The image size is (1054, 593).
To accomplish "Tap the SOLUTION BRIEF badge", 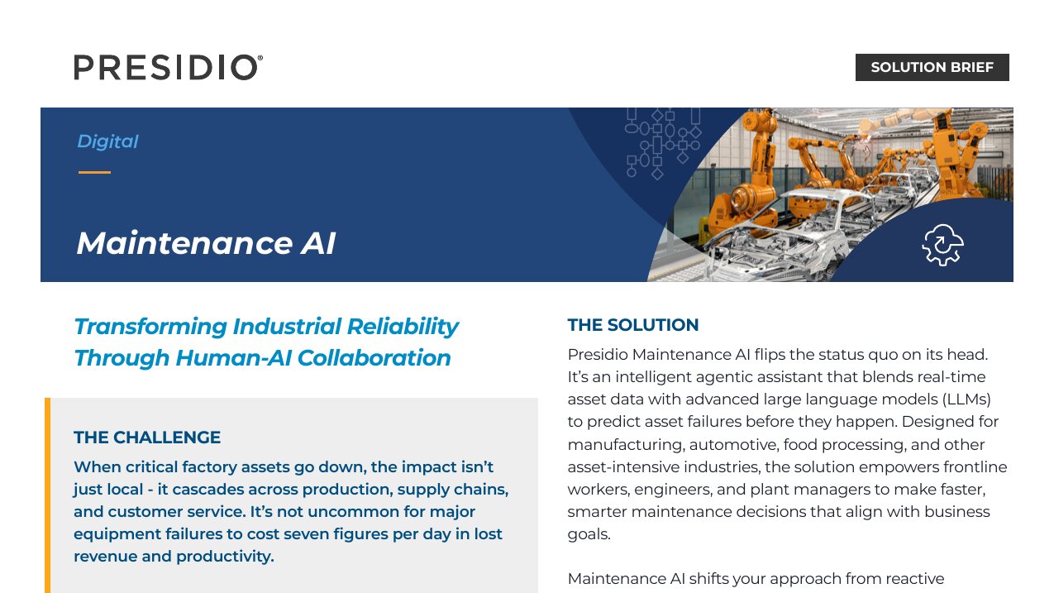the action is tap(932, 67).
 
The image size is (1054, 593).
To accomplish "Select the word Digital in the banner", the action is tap(107, 141).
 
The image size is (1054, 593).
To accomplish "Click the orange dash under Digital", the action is tap(94, 172).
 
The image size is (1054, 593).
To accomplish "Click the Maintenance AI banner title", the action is tap(206, 243).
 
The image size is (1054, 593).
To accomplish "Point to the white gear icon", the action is tap(942, 245).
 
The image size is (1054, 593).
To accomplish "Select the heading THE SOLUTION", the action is tap(633, 325).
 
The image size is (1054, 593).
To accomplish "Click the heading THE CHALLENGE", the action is tap(147, 438).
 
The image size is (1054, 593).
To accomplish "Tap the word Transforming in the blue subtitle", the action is tap(150, 327).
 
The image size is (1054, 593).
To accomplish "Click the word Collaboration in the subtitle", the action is tap(374, 357).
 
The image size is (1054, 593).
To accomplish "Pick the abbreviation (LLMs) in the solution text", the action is tap(966, 399).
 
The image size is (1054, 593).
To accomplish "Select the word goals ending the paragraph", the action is tap(589, 534).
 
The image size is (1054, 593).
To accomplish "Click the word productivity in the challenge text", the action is tap(225, 557).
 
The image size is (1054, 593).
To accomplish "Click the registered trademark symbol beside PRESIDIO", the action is tap(260, 58).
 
